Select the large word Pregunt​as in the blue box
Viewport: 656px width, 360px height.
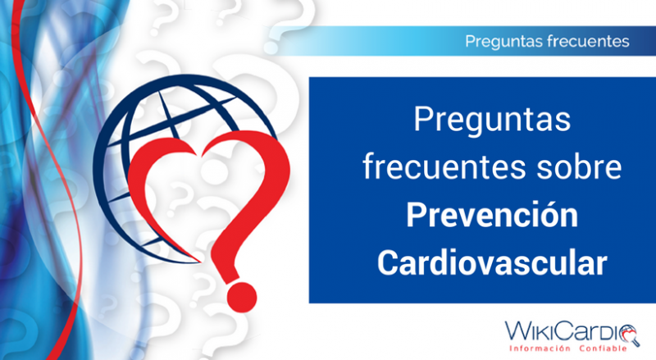point(492,121)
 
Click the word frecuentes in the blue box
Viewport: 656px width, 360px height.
point(444,166)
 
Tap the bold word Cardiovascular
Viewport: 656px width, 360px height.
point(492,262)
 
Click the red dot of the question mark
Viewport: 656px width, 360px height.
point(242,297)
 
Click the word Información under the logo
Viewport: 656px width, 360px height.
point(540,349)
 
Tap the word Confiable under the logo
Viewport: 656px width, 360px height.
point(604,349)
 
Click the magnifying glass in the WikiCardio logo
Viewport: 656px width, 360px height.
point(629,335)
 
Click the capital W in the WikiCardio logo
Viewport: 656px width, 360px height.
point(517,330)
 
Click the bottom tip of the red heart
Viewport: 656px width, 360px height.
point(200,262)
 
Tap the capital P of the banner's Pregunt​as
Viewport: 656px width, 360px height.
point(470,42)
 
